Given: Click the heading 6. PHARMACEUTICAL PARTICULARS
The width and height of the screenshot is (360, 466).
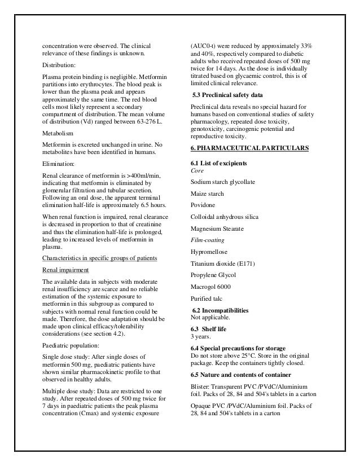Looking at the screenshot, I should pos(249,148).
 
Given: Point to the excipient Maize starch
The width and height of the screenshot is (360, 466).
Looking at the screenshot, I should pos(208,194).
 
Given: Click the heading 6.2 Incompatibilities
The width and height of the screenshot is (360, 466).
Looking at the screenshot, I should pos(226,310).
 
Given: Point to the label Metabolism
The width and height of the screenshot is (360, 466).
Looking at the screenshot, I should pos(59,135).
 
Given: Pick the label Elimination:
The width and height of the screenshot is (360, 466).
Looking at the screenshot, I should pos(59,166).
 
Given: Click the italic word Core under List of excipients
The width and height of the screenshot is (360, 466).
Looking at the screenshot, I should pos(197,170).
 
